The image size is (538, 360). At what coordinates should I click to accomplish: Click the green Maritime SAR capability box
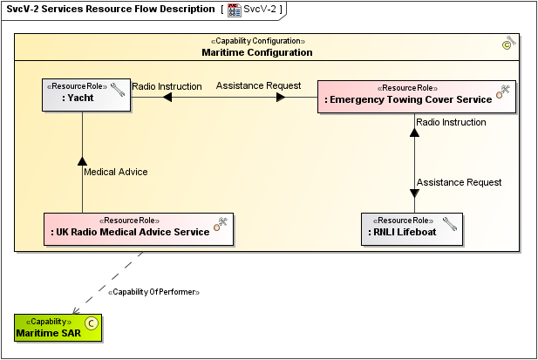pyautogui.click(x=58, y=328)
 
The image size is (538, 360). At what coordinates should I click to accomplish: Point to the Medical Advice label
pyautogui.click(x=115, y=172)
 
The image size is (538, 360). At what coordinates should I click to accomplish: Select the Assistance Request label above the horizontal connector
pyautogui.click(x=258, y=85)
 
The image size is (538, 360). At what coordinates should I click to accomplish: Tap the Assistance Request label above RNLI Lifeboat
pyautogui.click(x=459, y=182)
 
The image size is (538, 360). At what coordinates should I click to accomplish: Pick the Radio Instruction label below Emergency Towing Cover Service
pyautogui.click(x=451, y=122)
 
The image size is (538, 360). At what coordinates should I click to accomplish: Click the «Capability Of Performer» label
pyautogui.click(x=153, y=291)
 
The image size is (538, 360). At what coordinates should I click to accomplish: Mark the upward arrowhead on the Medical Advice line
pyautogui.click(x=82, y=160)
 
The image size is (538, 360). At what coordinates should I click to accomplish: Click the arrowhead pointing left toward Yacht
pyautogui.click(x=167, y=98)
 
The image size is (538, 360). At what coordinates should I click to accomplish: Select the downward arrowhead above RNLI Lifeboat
pyautogui.click(x=414, y=194)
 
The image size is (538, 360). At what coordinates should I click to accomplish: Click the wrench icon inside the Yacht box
pyautogui.click(x=118, y=88)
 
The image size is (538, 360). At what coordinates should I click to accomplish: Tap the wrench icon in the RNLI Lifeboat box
pyautogui.click(x=449, y=222)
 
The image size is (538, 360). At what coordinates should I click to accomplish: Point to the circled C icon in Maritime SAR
pyautogui.click(x=92, y=323)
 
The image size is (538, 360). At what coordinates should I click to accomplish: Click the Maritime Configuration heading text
pyautogui.click(x=256, y=52)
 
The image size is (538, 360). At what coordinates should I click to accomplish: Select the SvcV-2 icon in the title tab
pyautogui.click(x=234, y=10)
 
